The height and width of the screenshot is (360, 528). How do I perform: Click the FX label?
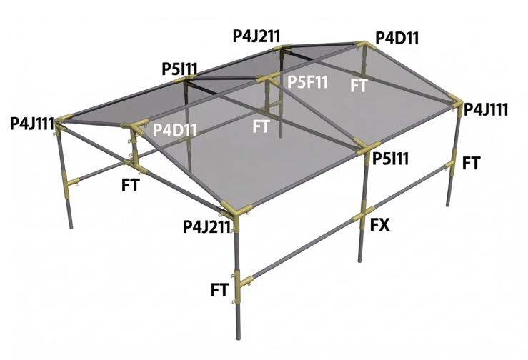(x=380, y=226)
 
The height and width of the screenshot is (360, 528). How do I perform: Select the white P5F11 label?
(x=307, y=81)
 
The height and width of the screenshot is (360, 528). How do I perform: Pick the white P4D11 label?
(x=175, y=131)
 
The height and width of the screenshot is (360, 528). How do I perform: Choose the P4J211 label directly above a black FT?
(x=206, y=227)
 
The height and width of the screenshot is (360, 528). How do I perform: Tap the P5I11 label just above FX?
(x=391, y=159)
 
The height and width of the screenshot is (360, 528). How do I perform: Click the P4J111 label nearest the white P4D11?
(x=32, y=124)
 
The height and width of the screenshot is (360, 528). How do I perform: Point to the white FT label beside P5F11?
(x=359, y=86)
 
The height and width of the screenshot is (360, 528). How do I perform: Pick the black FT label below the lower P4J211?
(x=219, y=289)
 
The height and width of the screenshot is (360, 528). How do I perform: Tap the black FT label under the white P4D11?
(x=130, y=185)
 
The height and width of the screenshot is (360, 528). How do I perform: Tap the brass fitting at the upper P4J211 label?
(x=282, y=49)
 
